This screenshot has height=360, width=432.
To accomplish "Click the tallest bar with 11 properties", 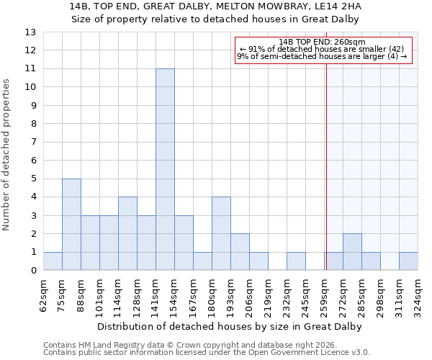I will click(165, 169).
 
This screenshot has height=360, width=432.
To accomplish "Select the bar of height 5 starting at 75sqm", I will click(71, 225).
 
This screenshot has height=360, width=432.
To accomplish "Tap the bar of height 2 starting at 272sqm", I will click(352, 252).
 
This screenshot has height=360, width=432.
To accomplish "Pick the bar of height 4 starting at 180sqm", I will click(221, 234).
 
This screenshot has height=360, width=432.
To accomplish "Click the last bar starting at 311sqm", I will click(408, 261).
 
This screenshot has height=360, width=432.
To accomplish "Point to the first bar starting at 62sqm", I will click(53, 261).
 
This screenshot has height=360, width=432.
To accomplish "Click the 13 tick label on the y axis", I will click(30, 32).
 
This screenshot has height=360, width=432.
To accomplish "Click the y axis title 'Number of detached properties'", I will click(6, 155).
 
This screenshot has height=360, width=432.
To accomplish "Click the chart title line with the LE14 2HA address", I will click(216, 6).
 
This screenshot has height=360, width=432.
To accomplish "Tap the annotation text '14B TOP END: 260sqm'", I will click(322, 42).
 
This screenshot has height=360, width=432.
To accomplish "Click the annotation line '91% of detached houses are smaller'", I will click(322, 49).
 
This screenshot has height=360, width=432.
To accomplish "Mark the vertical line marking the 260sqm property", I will click(326, 158).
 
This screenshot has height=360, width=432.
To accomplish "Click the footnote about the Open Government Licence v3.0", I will click(207, 353).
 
